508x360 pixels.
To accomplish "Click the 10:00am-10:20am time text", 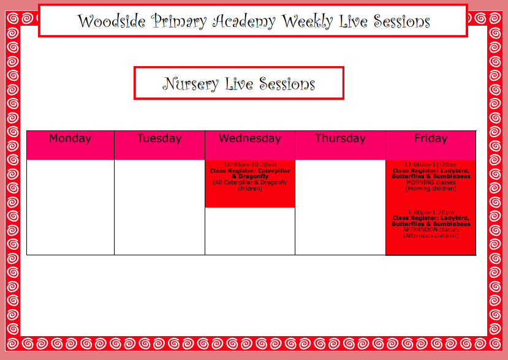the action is (x=250, y=165).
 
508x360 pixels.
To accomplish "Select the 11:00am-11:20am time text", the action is (x=431, y=165).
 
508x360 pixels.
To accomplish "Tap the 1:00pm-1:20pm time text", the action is (x=431, y=212).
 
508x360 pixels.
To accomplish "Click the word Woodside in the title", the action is (x=111, y=21).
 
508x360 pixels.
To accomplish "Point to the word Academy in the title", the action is (x=244, y=21).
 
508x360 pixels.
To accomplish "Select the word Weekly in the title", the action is (x=307, y=21).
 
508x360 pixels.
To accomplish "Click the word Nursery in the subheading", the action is (x=191, y=84).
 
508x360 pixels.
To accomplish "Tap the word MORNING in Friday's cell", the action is (x=420, y=182).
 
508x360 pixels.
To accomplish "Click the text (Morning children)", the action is (x=431, y=189).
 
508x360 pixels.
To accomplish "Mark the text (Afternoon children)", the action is (x=431, y=236).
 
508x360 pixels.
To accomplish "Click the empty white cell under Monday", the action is (x=70, y=207).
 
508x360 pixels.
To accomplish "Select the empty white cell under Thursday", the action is (x=340, y=207).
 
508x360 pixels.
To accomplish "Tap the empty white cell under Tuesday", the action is (x=159, y=207).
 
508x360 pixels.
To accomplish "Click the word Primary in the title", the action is (x=179, y=21).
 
